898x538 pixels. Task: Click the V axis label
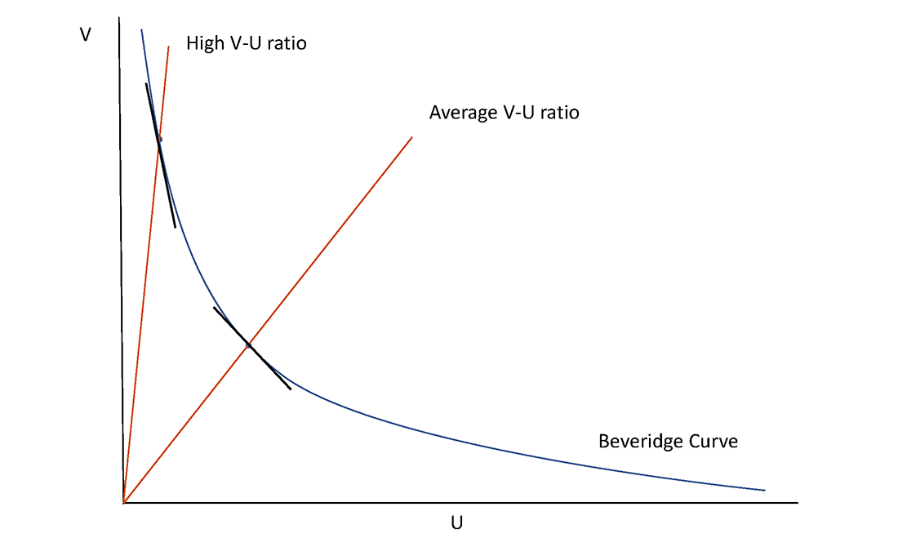(x=85, y=36)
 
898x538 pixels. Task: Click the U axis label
(x=456, y=523)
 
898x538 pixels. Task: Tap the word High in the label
(x=204, y=43)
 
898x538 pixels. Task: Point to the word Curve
(x=714, y=442)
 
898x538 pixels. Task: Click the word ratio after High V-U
(x=286, y=43)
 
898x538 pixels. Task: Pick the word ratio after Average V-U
(x=558, y=113)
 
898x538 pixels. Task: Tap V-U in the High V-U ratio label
(x=243, y=43)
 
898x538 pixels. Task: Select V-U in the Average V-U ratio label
(x=516, y=113)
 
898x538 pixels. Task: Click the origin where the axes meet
(x=123, y=502)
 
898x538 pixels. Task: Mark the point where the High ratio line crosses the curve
(x=159, y=140)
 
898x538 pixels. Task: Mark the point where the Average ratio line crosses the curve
(x=248, y=345)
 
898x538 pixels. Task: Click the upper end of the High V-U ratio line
(x=169, y=46)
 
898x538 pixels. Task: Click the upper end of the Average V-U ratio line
(x=412, y=137)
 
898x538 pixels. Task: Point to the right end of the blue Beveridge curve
(x=765, y=490)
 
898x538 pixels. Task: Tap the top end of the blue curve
(x=141, y=30)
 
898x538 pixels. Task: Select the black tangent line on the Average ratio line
(x=273, y=371)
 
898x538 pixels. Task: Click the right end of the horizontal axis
(x=796, y=502)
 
